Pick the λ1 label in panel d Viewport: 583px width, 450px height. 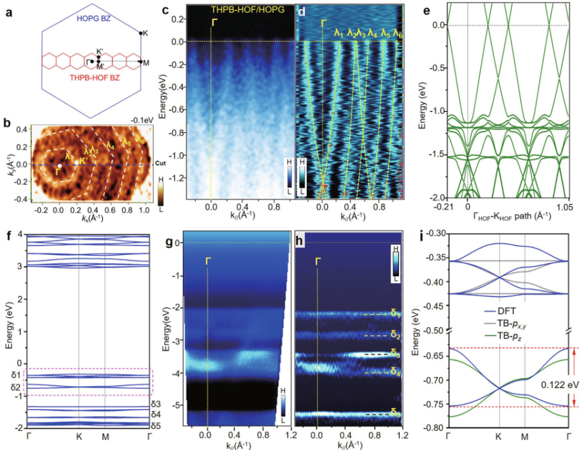(339, 32)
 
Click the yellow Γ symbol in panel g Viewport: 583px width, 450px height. (208, 260)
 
